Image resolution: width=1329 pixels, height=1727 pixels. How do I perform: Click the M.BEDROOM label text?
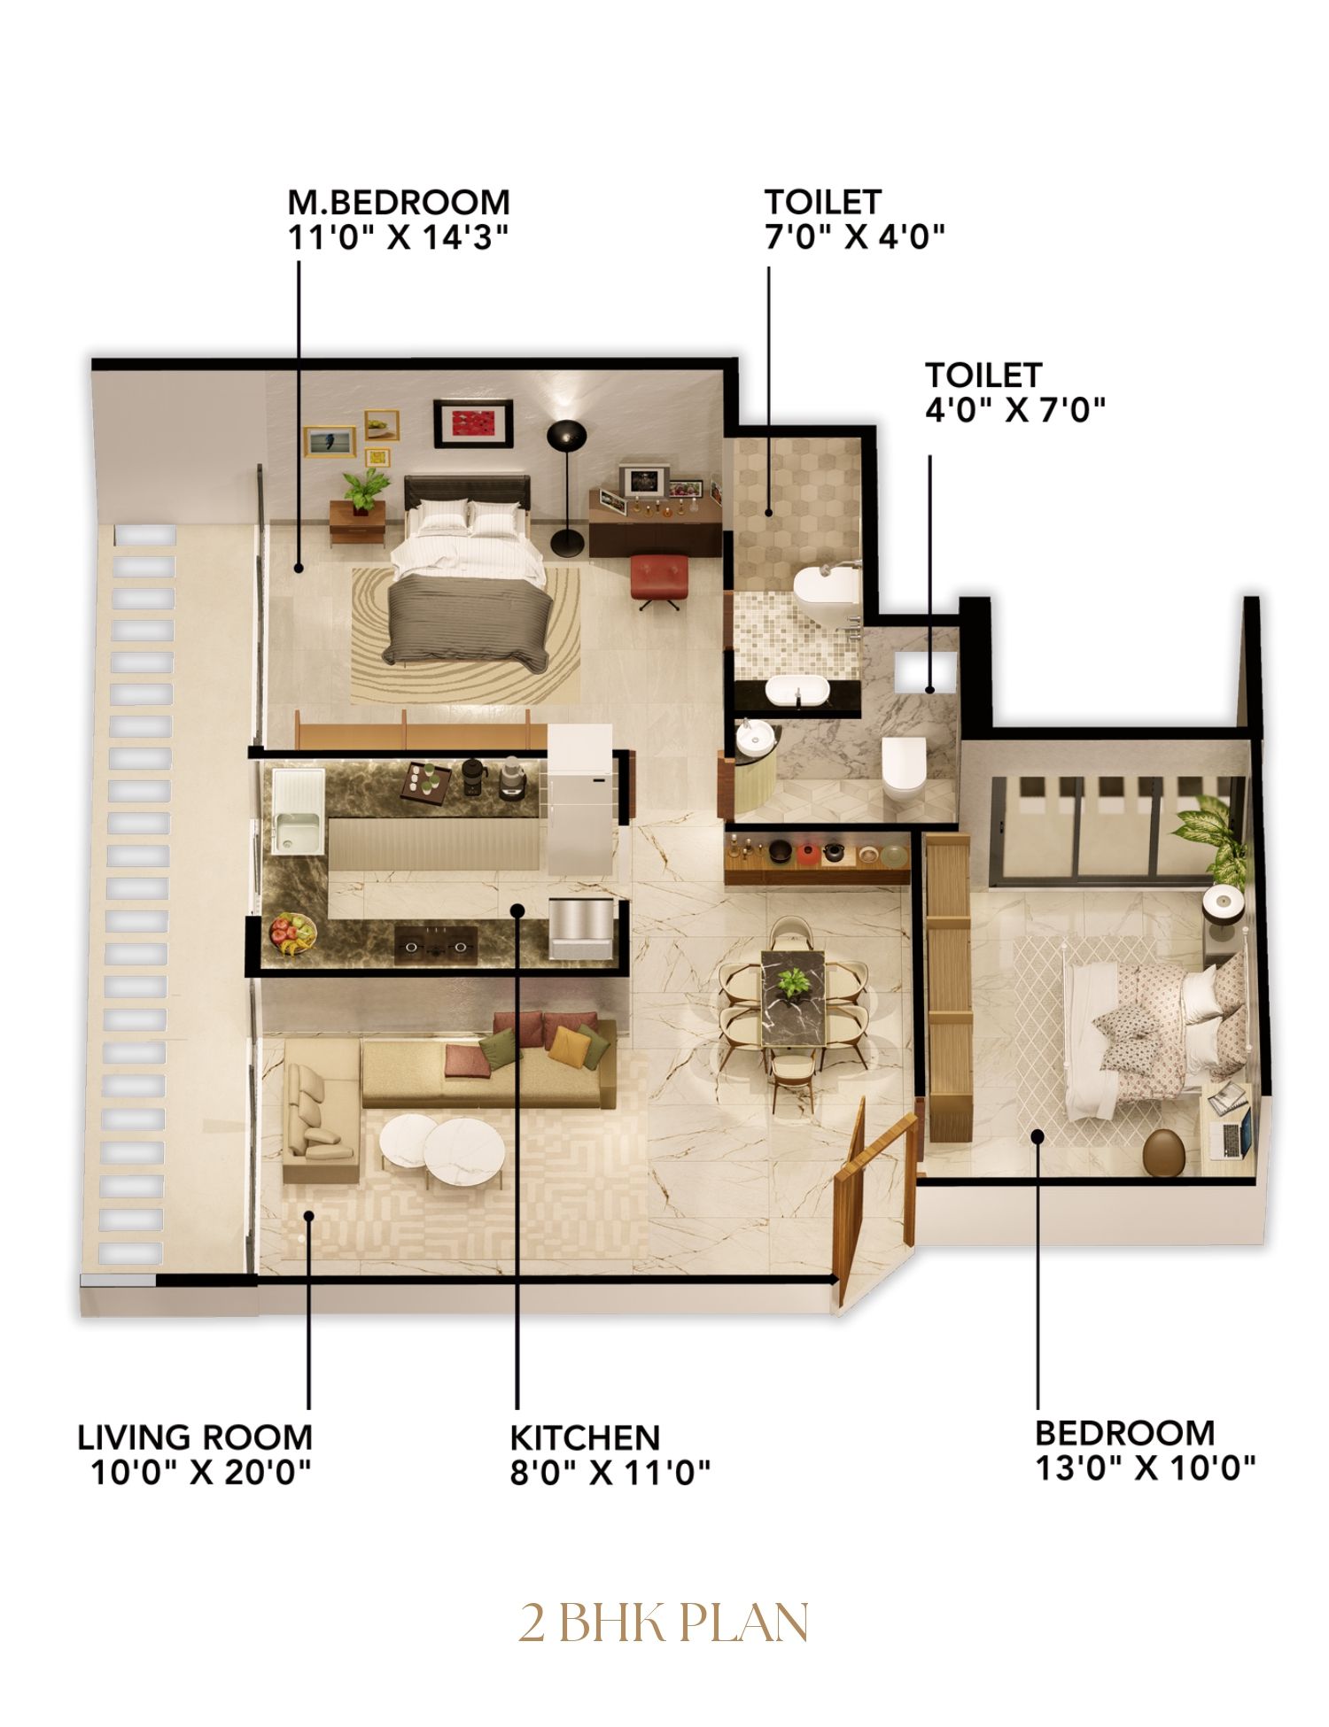[399, 203]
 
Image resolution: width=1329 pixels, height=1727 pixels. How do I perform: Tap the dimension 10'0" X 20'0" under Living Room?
[201, 1472]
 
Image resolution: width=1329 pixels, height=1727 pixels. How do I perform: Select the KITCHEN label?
[585, 1437]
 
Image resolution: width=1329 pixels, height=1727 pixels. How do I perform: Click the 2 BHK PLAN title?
[664, 1622]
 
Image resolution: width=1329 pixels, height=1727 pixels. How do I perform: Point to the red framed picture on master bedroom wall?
[473, 423]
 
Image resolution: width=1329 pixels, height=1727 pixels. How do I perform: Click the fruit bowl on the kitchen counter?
[292, 933]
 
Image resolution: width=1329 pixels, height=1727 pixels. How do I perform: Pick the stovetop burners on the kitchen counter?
[435, 945]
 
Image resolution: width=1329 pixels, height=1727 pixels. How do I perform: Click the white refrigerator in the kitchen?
[579, 799]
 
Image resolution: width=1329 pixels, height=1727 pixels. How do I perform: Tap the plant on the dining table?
[792, 980]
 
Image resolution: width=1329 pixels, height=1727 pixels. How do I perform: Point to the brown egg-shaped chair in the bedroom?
[1162, 1151]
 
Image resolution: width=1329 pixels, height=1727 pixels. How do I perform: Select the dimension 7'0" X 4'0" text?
[855, 236]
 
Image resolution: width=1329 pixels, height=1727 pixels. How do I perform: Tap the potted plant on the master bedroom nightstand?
[365, 490]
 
